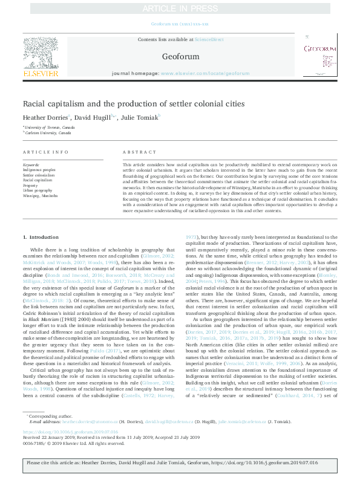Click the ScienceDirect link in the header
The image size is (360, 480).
tap(209, 40)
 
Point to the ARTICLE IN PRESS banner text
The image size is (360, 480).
tap(180, 8)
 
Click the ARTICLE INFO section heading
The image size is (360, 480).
tap(45, 152)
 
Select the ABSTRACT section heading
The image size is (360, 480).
tap(135, 152)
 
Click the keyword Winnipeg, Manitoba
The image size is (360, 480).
tap(41, 196)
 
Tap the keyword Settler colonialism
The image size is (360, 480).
tap(40, 175)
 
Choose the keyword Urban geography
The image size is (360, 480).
tap(38, 190)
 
